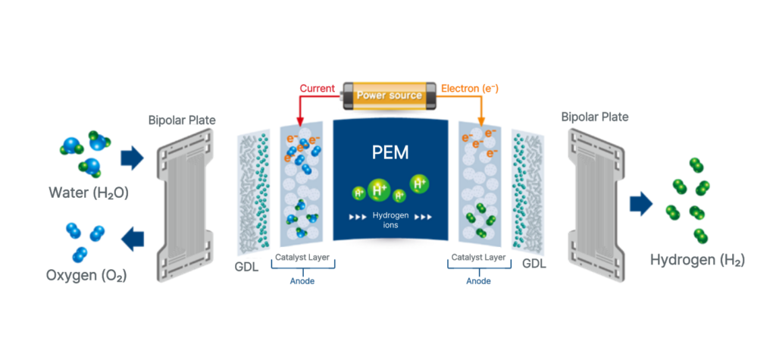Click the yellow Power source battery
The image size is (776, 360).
[x=387, y=96]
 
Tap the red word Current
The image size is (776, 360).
[x=318, y=89]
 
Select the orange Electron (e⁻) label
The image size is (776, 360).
[x=469, y=89]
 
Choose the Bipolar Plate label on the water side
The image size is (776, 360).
[x=181, y=120]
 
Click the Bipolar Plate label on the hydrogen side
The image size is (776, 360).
[x=595, y=117]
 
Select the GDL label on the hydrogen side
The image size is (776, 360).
[x=534, y=264]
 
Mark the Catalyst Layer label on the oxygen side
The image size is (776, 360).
[x=302, y=258]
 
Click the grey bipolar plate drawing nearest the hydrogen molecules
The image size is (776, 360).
[x=595, y=201]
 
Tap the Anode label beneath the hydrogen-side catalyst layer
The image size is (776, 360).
[x=477, y=280]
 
